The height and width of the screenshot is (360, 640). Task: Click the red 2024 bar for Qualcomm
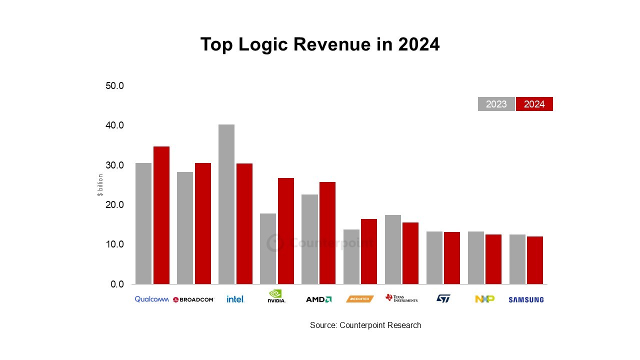click(161, 215)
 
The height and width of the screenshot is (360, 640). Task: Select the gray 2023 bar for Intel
click(226, 204)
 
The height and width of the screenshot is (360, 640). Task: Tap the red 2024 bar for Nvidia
click(286, 231)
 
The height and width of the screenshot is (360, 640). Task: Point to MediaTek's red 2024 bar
click(369, 251)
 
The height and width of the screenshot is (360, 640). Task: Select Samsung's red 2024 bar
click(535, 260)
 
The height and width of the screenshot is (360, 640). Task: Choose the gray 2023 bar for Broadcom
click(185, 228)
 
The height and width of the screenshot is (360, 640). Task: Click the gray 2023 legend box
click(496, 104)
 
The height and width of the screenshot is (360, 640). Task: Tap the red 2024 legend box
click(534, 104)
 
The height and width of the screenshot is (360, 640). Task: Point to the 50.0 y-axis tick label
click(115, 86)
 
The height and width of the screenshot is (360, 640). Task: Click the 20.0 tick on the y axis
click(115, 205)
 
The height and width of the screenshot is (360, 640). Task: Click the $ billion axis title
click(100, 185)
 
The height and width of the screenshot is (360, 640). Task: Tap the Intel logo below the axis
click(235, 299)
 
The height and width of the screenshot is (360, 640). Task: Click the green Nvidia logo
click(276, 296)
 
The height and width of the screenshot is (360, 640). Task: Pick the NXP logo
click(484, 299)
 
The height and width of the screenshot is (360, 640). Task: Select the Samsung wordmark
click(526, 300)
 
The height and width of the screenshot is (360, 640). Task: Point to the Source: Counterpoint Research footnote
click(365, 325)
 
